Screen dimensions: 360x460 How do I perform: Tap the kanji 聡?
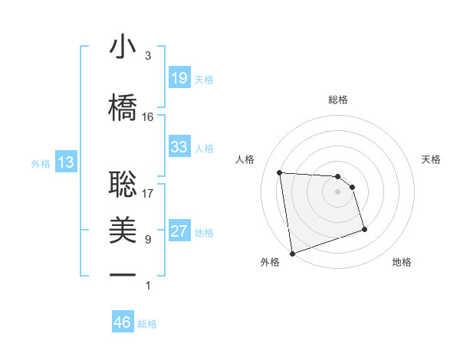pos(123,182)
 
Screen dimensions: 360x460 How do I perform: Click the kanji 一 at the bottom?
pos(123,274)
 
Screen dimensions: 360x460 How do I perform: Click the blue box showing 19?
pos(179,78)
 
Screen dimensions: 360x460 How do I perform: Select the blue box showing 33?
pos(179,147)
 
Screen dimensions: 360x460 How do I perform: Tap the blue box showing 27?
pos(179,232)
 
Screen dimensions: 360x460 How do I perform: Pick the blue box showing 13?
pos(66,162)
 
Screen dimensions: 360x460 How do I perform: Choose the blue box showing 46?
pos(123,323)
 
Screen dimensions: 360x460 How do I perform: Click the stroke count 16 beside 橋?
pos(148,117)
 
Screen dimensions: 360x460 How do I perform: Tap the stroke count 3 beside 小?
pos(148,56)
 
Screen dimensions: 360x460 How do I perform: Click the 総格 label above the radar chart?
pos(338,100)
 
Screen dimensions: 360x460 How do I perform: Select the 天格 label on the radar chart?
pos(432,159)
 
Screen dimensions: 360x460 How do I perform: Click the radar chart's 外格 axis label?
pos(270,263)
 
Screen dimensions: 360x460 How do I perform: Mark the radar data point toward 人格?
pos(280,172)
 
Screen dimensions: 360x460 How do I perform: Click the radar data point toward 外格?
pos(291,254)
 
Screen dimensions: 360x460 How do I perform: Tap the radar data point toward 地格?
pos(364,229)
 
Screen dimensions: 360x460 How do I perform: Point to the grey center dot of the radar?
pos(338,191)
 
